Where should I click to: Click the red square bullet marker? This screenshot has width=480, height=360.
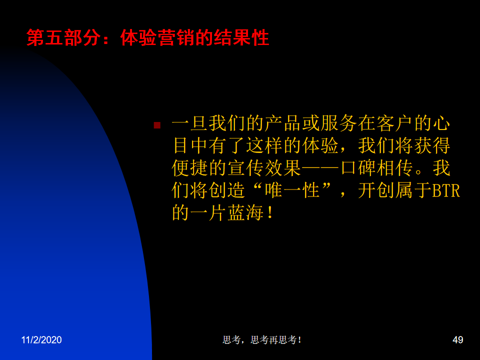[x=157, y=125]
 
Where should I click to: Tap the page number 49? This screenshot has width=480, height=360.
[x=457, y=340]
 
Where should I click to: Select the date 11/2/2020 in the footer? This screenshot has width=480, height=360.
[x=41, y=340]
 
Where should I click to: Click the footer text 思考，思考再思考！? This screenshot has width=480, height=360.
[x=262, y=340]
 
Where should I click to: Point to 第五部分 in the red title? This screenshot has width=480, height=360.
[x=63, y=38]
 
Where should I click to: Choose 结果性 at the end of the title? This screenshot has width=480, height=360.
[x=241, y=38]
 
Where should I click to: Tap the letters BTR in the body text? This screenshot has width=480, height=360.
[x=446, y=190]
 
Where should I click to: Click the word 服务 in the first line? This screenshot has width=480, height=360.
[x=339, y=123]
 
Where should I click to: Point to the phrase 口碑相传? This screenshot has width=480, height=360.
[x=376, y=168]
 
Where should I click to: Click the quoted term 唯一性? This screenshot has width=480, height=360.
[x=292, y=190]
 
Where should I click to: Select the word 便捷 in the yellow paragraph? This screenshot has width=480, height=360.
[x=190, y=168]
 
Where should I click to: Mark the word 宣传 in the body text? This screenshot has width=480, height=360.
[x=246, y=168]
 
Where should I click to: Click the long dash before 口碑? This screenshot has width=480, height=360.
[x=320, y=168]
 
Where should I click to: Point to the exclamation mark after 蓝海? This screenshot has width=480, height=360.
[x=270, y=213]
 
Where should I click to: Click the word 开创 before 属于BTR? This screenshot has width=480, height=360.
[x=376, y=190]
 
